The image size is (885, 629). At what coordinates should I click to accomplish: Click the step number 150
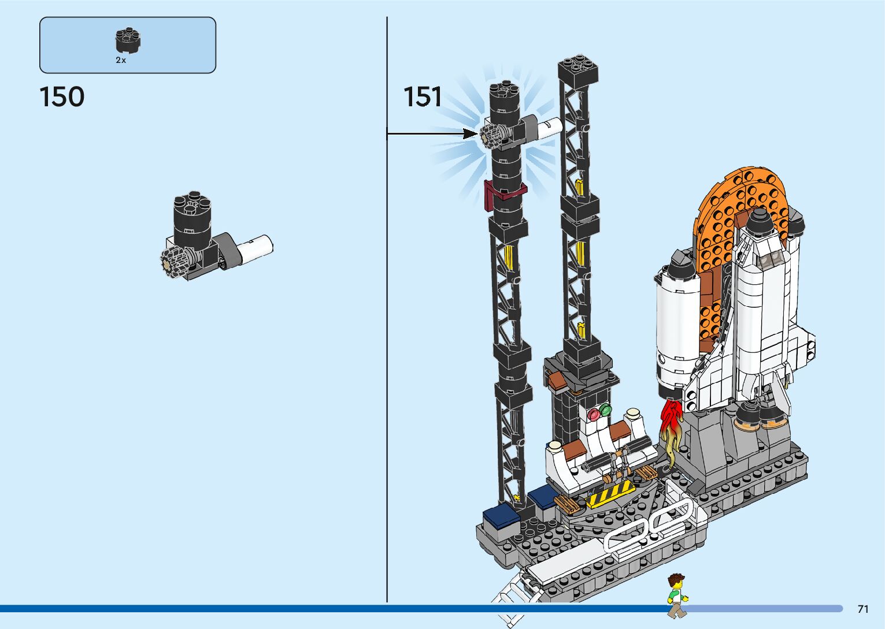coord(62,96)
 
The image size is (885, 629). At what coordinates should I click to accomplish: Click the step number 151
coord(423,96)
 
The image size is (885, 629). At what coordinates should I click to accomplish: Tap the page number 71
coord(863,609)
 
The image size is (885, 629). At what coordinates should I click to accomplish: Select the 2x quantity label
coord(121,60)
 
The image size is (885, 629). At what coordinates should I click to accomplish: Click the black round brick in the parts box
coord(128,40)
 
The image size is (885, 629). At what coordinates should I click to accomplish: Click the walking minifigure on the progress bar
coord(677,595)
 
